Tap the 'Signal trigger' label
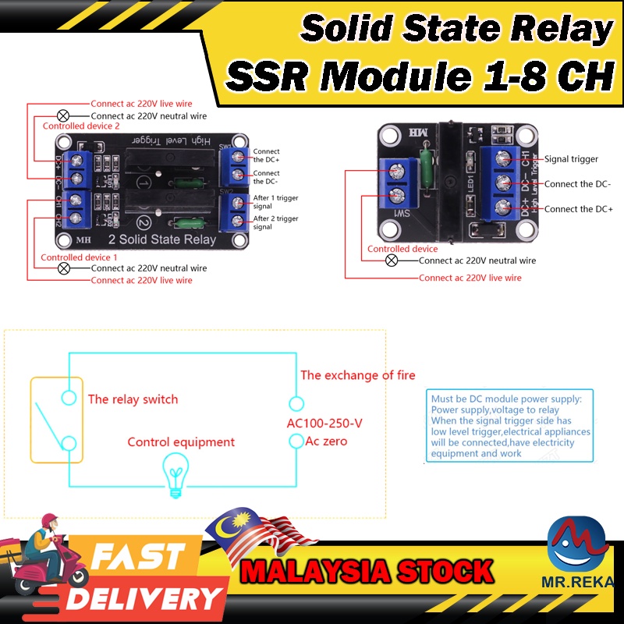pyautogui.click(x=571, y=159)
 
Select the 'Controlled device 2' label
pyautogui.click(x=81, y=126)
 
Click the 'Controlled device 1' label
pyautogui.click(x=79, y=257)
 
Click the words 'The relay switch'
pyautogui.click(x=133, y=399)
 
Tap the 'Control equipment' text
pyautogui.click(x=181, y=442)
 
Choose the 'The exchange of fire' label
pyautogui.click(x=358, y=375)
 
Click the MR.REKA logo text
pyautogui.click(x=577, y=581)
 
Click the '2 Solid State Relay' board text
pyautogui.click(x=163, y=239)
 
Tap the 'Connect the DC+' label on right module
pyautogui.click(x=578, y=209)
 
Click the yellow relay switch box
pyautogui.click(x=56, y=420)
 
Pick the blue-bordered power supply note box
pyautogui.click(x=509, y=426)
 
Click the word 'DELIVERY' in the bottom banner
pyautogui.click(x=144, y=598)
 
